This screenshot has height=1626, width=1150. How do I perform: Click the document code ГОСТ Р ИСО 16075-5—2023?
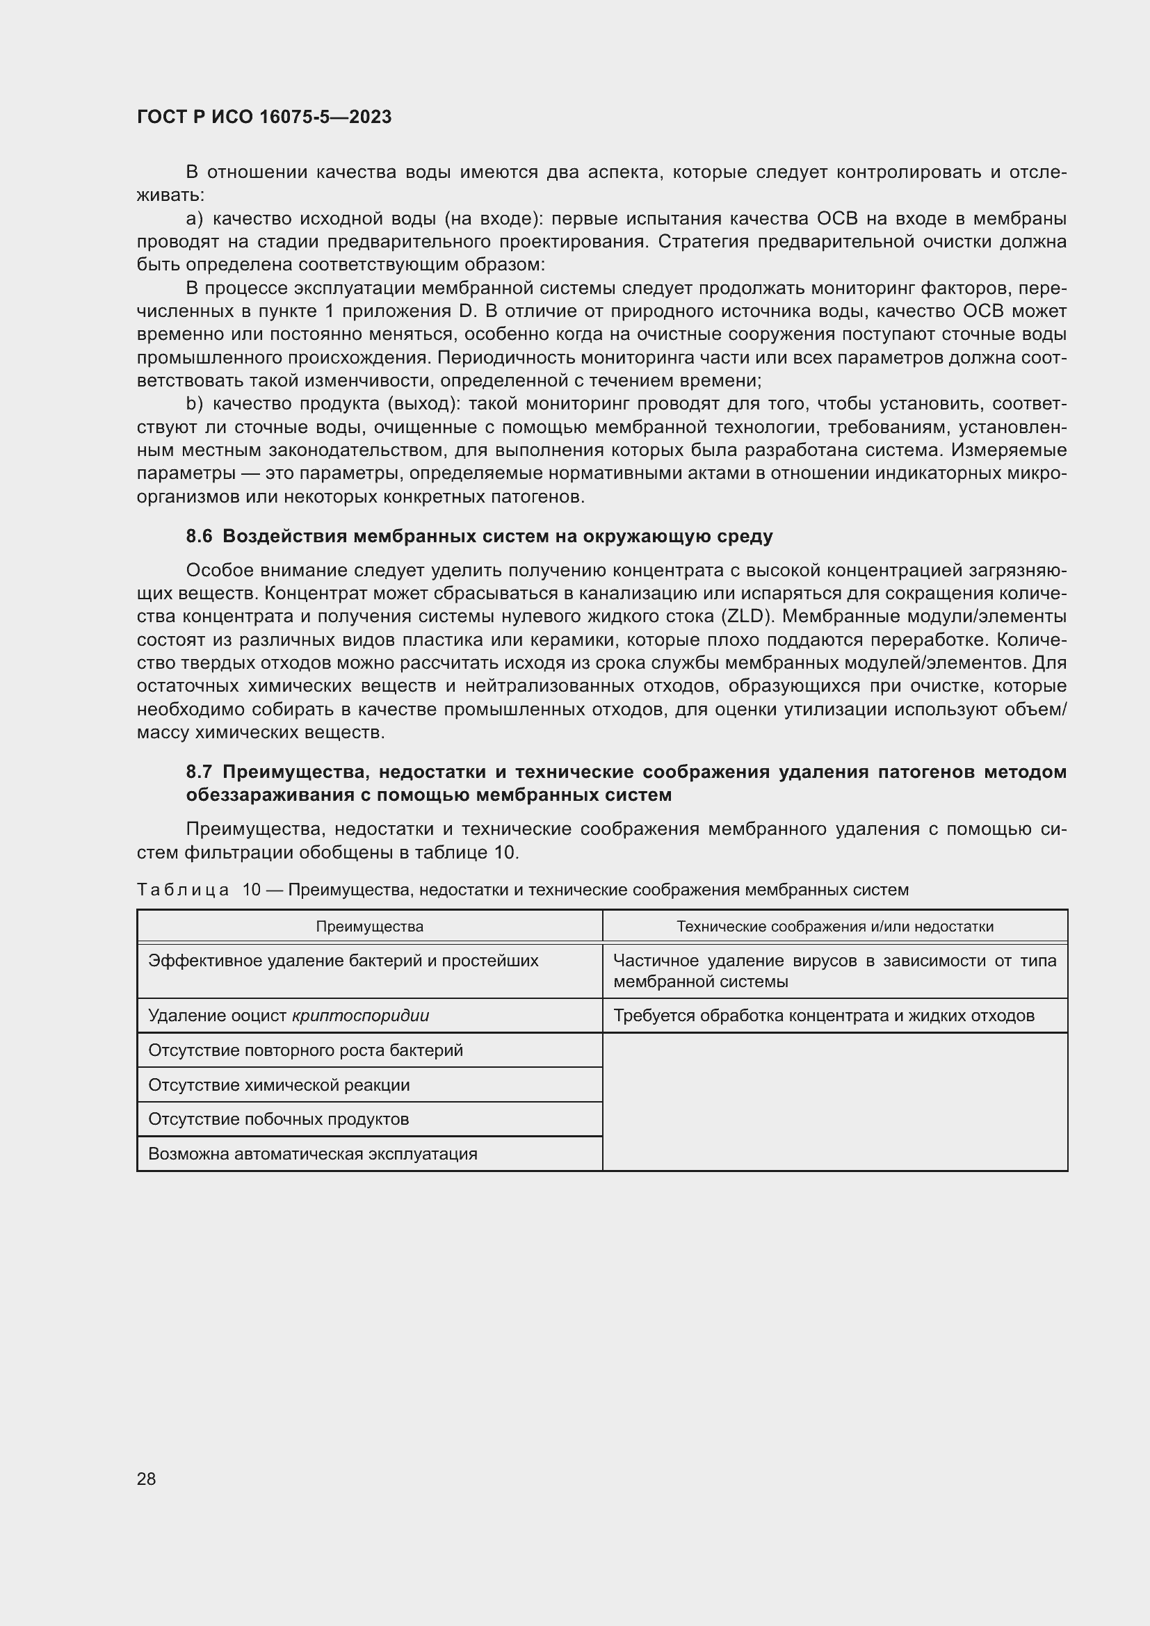tap(264, 117)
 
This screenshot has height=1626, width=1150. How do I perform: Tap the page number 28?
tap(146, 1479)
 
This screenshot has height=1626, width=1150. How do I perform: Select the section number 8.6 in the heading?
tap(199, 537)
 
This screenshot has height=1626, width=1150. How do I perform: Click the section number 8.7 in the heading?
tap(199, 772)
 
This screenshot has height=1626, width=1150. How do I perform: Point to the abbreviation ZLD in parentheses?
tap(745, 617)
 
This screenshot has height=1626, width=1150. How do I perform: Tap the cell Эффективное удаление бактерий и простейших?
tap(343, 961)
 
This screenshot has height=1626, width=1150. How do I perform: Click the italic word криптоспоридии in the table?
tap(359, 1016)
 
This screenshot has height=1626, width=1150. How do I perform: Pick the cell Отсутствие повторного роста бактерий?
tap(305, 1051)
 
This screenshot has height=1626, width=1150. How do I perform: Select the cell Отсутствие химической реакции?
tap(278, 1086)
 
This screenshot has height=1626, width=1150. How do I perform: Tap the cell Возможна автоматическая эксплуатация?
tap(312, 1155)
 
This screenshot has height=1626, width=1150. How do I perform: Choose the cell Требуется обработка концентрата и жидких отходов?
tap(823, 1016)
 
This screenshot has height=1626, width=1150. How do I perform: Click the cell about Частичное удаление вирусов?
tap(834, 971)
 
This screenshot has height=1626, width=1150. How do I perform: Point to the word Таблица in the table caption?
tap(183, 891)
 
